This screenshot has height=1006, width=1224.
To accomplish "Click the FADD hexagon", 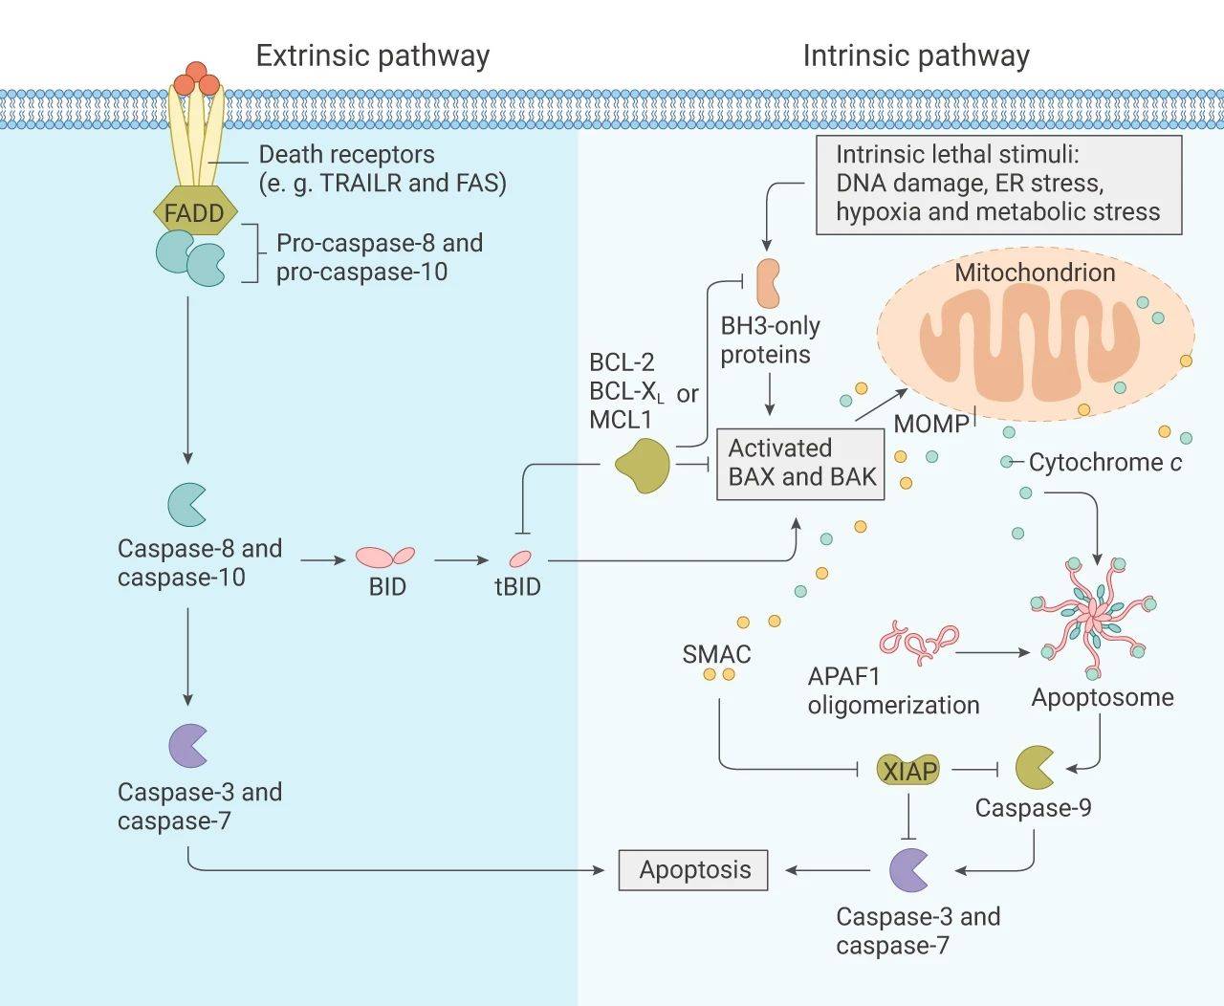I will click(x=194, y=213).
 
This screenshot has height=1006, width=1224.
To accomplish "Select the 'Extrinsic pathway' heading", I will click(x=372, y=56).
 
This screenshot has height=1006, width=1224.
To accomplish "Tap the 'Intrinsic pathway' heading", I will click(x=915, y=56).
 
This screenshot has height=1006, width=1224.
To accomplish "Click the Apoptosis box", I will click(x=694, y=870).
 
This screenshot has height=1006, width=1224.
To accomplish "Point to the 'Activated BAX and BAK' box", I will click(x=800, y=463).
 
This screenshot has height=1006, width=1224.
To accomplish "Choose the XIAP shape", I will click(x=908, y=770).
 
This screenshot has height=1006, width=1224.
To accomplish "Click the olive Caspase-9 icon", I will click(x=1033, y=767).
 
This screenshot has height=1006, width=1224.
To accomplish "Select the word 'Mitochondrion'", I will click(x=1035, y=273).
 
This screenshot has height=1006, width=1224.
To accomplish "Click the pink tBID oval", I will click(x=519, y=558).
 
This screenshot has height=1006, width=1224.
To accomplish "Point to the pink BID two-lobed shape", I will click(x=385, y=557).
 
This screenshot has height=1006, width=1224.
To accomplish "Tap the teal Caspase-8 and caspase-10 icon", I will click(x=187, y=505).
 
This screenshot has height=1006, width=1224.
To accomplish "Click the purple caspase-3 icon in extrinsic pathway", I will click(x=188, y=746).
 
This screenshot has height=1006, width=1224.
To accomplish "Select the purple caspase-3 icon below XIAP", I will click(x=907, y=870).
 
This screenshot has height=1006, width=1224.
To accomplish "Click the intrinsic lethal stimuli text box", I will click(x=998, y=185).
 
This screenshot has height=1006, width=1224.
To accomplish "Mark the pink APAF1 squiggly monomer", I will click(x=918, y=644).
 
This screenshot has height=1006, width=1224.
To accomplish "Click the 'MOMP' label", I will click(x=930, y=424).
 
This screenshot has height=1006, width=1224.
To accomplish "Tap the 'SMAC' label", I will click(x=716, y=655).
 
